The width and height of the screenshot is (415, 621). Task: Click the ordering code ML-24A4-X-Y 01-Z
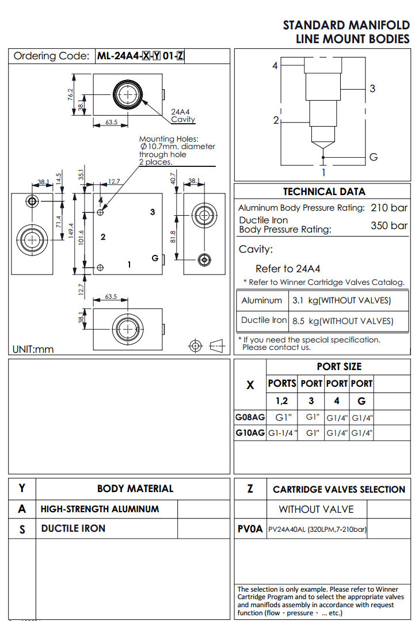140,56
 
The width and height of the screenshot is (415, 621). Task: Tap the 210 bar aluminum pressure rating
389,208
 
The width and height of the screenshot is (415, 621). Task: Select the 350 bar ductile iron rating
389,226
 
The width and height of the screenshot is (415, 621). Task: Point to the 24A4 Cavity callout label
183,116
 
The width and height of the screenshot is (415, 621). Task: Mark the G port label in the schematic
373,157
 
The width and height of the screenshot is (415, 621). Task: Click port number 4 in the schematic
275,66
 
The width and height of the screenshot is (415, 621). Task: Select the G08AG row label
250,417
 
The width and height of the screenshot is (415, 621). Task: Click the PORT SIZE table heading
339,367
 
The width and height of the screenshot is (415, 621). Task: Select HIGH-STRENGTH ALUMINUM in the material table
100,509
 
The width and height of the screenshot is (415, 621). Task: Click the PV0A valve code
250,529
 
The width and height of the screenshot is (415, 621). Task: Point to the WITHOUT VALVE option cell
316,509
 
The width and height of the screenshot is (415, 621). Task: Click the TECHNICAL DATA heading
325,192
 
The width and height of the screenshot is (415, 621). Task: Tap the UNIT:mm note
33,349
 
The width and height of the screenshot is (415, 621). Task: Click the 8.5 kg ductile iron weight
342,321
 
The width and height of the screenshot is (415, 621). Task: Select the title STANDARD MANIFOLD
346,25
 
